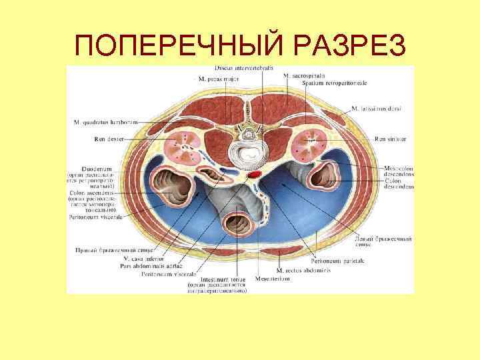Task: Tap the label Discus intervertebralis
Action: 244,69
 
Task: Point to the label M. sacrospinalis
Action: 303,77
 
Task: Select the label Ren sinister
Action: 390,139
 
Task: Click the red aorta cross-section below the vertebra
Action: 255,175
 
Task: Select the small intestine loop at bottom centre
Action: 237,223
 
